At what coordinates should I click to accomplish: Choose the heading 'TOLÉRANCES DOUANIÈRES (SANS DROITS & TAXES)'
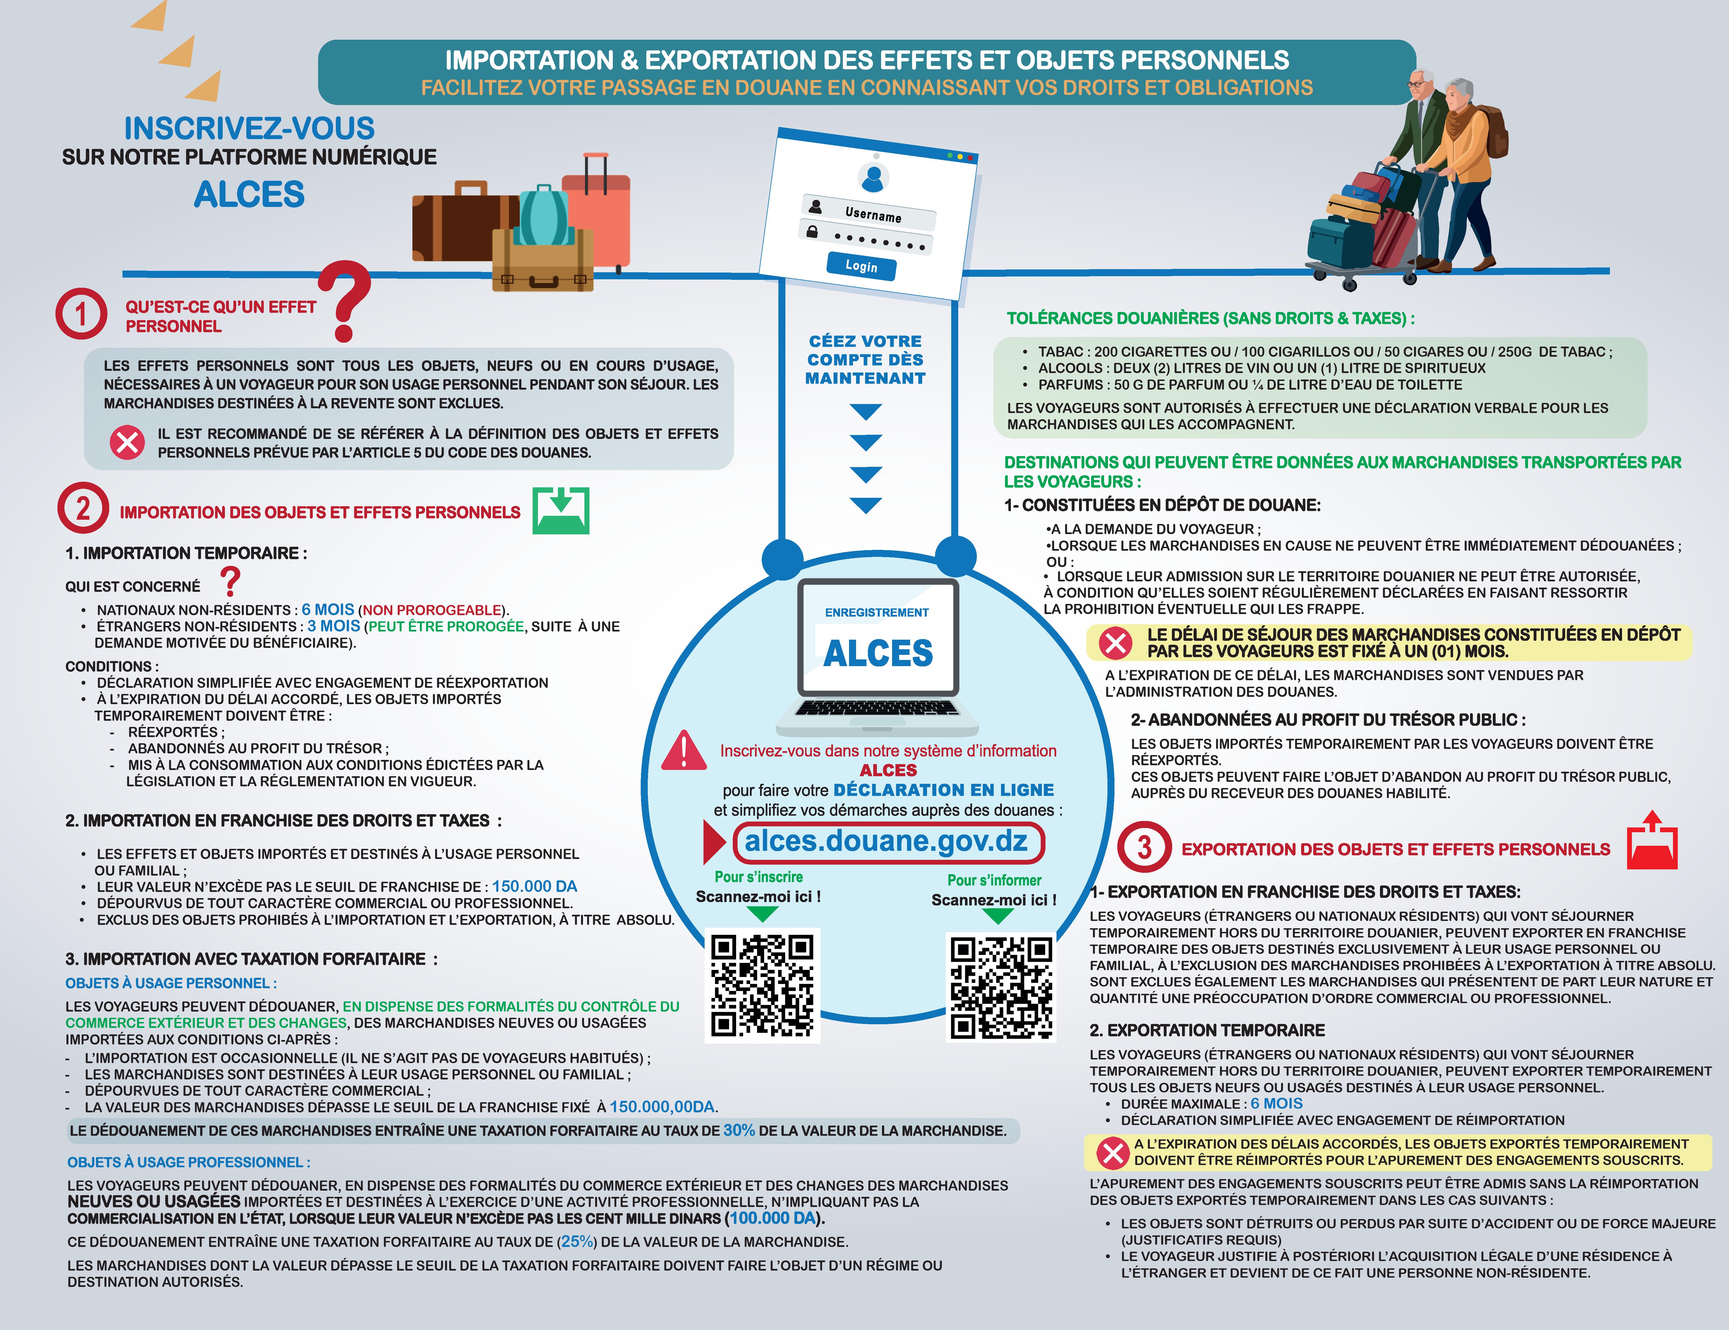[1210, 318]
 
